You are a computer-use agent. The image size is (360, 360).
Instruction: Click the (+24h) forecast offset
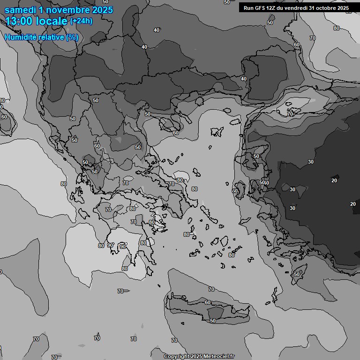click(x=81, y=21)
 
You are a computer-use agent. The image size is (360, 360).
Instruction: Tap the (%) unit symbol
click(x=72, y=37)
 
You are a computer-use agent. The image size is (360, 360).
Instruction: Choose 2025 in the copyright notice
click(x=197, y=356)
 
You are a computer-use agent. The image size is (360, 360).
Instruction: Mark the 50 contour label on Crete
click(x=213, y=321)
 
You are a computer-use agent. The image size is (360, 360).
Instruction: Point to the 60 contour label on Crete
click(x=208, y=303)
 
